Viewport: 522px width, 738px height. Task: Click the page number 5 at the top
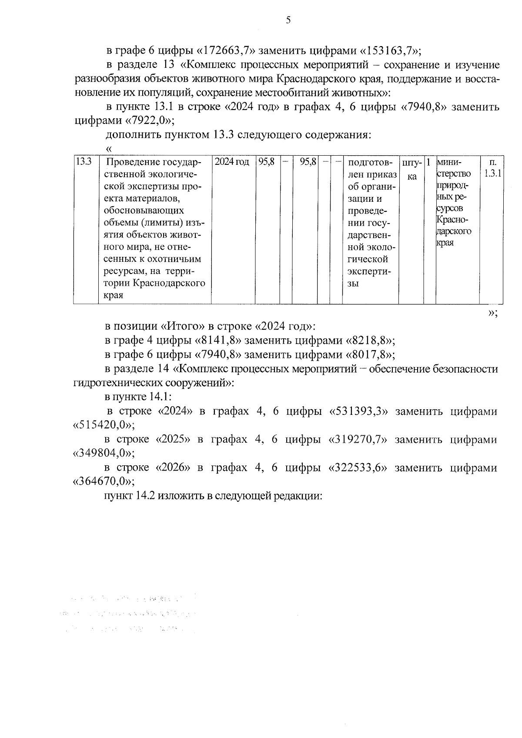coord(288,20)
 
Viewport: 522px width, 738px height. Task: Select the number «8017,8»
coord(370,355)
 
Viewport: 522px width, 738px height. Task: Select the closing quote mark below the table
coord(493,313)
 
